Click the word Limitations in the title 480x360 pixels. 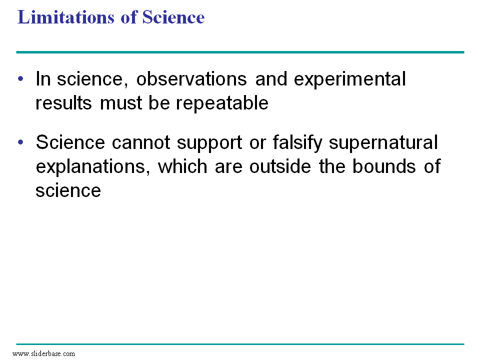pyautogui.click(x=66, y=17)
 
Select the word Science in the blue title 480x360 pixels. pyautogui.click(x=173, y=17)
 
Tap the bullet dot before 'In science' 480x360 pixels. pyautogui.click(x=20, y=78)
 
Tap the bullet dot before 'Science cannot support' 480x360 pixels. pyautogui.click(x=20, y=142)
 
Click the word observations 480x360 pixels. pyautogui.click(x=191, y=79)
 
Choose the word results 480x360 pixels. pyautogui.click(x=63, y=103)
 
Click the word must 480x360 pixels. pyautogui.click(x=121, y=103)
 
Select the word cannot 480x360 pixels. pyautogui.click(x=141, y=142)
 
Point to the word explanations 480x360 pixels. pyautogui.click(x=93, y=167)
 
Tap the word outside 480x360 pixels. pyautogui.click(x=280, y=166)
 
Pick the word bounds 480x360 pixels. pyautogui.click(x=384, y=166)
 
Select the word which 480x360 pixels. pyautogui.click(x=182, y=166)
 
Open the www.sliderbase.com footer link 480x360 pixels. pyautogui.click(x=44, y=353)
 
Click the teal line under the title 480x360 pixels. pyautogui.click(x=240, y=52)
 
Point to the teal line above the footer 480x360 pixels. pyautogui.click(x=240, y=344)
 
